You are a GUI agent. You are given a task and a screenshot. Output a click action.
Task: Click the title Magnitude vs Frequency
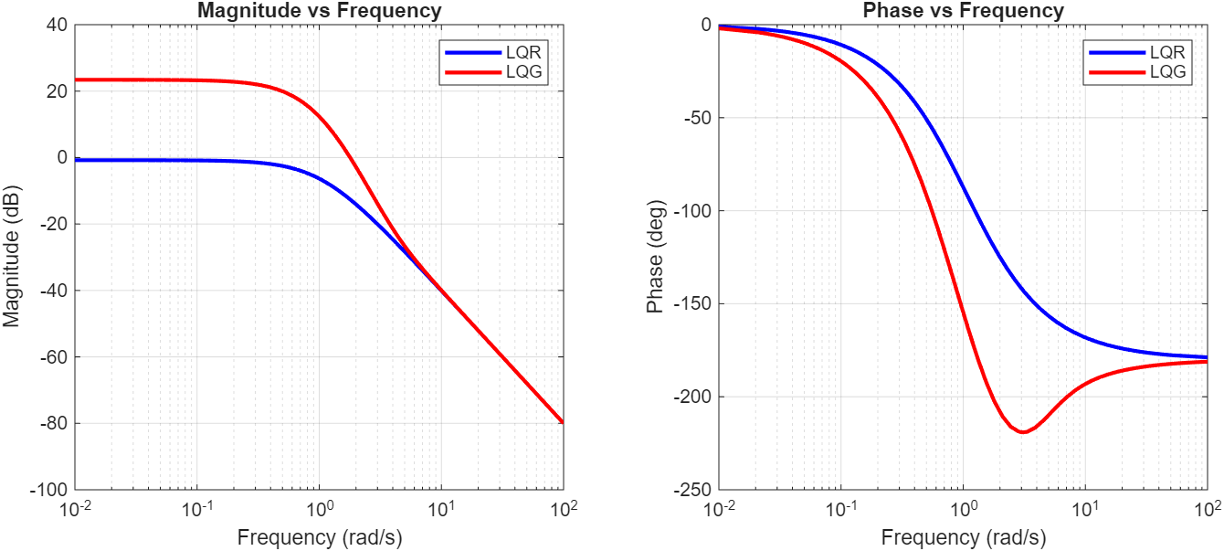click(320, 11)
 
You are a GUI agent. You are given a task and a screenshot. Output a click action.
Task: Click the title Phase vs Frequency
click(964, 11)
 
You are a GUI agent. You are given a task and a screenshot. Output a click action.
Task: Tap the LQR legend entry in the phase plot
click(1169, 53)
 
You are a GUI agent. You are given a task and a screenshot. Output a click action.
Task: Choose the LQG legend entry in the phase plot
click(1169, 72)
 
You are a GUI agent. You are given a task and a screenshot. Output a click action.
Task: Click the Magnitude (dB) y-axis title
click(12, 257)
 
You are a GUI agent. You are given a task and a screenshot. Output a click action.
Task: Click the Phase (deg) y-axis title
click(655, 257)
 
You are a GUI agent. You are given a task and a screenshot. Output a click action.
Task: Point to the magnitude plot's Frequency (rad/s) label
click(320, 536)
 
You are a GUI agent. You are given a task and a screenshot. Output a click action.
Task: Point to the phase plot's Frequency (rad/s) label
click(964, 536)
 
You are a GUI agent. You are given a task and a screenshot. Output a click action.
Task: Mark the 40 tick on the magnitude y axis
click(58, 25)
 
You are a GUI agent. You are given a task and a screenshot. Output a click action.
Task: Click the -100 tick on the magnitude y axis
click(50, 490)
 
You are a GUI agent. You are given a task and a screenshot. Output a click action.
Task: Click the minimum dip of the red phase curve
click(1022, 431)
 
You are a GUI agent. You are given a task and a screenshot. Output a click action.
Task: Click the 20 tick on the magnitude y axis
click(58, 91)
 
